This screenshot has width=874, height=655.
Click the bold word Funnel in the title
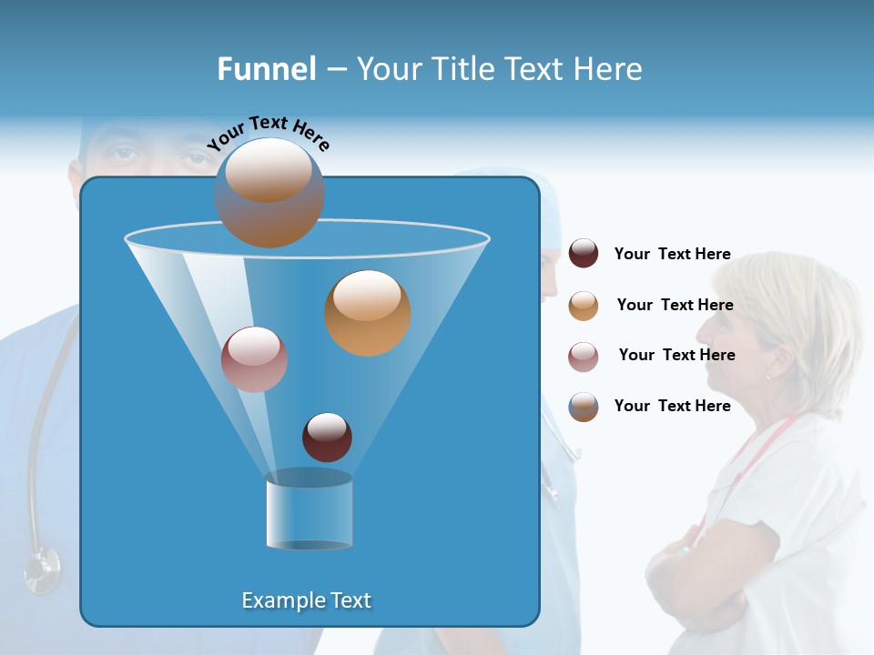pos(266,69)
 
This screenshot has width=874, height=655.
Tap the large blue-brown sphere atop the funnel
pos(269,193)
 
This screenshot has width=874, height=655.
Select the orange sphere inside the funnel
pos(368,313)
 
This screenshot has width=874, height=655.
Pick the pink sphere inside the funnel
pos(254,359)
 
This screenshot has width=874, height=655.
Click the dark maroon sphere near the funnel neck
pos(327,438)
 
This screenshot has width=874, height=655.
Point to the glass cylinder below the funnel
pos(309,510)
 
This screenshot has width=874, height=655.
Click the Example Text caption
pos(306,600)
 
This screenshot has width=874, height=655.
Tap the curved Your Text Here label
pos(269,135)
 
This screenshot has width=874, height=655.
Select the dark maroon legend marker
pos(584,253)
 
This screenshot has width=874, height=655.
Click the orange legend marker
pos(584,305)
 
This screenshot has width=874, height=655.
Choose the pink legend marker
pos(584,356)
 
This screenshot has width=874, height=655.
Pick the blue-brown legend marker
pos(584,407)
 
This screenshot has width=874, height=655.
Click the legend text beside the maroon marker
pos(672,254)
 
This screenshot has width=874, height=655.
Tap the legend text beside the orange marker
pos(675,305)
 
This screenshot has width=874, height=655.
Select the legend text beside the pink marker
pos(676,355)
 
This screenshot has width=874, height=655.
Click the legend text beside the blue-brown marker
pos(672,406)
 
